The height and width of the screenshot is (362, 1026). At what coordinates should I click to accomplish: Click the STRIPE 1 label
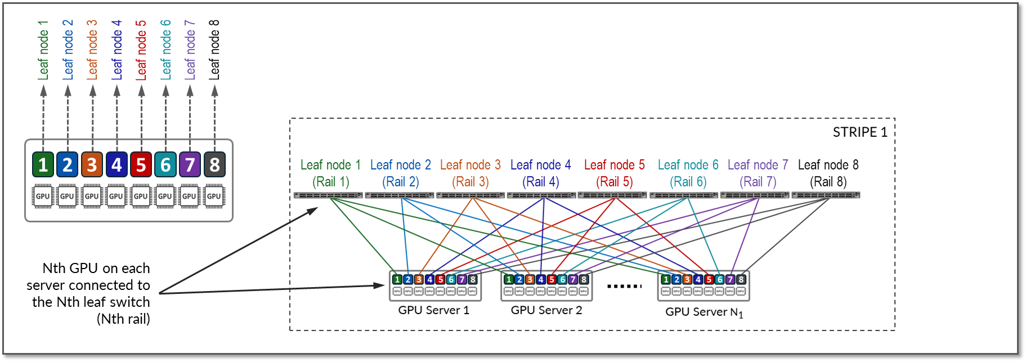tap(859, 132)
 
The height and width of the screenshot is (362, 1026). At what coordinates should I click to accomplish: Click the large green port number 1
tap(43, 164)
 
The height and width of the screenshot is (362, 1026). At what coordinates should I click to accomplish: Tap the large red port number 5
tap(141, 164)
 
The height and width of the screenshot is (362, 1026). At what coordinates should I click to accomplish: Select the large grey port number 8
tap(214, 164)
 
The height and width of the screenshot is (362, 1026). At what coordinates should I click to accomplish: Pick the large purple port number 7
tap(190, 164)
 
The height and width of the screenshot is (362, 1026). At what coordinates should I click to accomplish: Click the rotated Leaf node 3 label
tap(92, 50)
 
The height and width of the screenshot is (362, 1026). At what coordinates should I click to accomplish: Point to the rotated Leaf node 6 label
tap(165, 50)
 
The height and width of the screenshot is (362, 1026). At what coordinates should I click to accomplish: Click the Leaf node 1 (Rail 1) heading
tap(330, 173)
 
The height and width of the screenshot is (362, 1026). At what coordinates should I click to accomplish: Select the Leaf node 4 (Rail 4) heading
tap(540, 173)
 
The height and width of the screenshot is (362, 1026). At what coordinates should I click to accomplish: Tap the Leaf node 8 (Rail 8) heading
tap(828, 173)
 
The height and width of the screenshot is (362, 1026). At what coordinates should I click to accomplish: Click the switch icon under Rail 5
tap(612, 195)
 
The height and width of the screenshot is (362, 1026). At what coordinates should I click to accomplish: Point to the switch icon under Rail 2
tap(400, 195)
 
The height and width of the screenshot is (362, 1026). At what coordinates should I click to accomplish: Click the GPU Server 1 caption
tap(433, 310)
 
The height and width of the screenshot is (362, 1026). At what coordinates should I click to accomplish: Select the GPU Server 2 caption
tap(546, 310)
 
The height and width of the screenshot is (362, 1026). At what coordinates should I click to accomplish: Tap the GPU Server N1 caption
tap(704, 312)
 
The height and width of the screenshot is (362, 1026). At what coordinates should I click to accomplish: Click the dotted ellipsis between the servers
tap(624, 286)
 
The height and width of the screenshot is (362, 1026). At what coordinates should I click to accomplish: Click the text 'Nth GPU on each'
tap(96, 268)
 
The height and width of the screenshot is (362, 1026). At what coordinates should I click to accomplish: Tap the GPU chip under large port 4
tap(116, 196)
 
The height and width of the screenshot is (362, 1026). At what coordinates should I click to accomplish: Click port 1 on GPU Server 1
tap(397, 279)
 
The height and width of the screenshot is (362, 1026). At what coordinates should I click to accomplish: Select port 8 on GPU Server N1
tap(741, 279)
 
